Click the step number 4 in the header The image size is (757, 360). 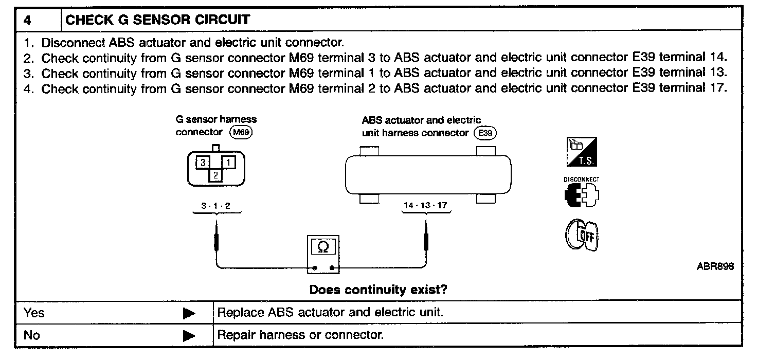(27, 20)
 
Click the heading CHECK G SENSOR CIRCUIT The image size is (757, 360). (158, 20)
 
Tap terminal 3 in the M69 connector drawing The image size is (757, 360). (203, 163)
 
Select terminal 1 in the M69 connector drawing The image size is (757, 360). (228, 163)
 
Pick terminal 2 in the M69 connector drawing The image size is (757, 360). (216, 175)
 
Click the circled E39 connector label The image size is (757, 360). (485, 133)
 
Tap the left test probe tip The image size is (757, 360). (217, 226)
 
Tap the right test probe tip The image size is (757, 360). (426, 226)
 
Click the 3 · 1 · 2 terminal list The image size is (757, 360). (216, 206)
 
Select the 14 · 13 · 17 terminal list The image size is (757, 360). (425, 206)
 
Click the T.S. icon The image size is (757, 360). (581, 153)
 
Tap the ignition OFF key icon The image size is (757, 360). (582, 236)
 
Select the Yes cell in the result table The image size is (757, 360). (34, 313)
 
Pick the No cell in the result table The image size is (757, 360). (32, 335)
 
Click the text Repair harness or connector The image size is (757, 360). (301, 335)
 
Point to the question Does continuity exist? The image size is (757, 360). (378, 290)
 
